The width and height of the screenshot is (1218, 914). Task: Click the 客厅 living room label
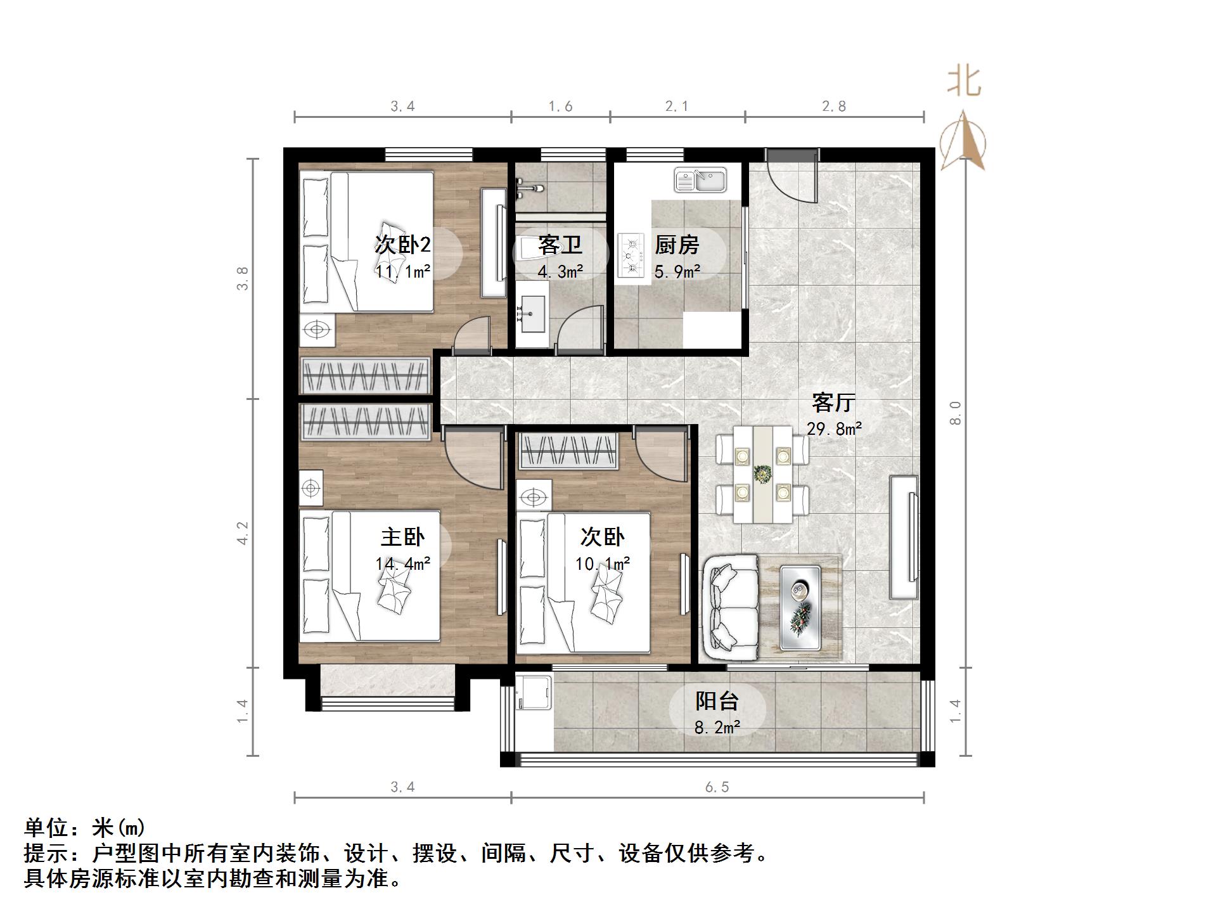coord(833,402)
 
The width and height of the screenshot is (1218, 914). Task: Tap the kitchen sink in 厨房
coord(700,180)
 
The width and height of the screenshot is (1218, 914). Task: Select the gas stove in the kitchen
coord(631,256)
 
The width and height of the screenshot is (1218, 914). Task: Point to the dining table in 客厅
coord(762,474)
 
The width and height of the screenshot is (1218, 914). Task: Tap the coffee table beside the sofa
coord(800,607)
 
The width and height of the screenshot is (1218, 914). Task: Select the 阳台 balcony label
coord(717,701)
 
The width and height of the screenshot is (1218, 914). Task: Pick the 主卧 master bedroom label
coord(402,537)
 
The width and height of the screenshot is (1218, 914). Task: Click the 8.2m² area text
coord(717,728)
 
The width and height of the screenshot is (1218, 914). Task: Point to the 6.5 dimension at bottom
coord(717,787)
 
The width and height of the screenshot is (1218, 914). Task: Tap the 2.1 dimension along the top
coord(676,106)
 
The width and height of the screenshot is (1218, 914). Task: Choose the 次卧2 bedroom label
coord(402,244)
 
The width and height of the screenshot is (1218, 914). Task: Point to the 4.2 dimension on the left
coord(243,533)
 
